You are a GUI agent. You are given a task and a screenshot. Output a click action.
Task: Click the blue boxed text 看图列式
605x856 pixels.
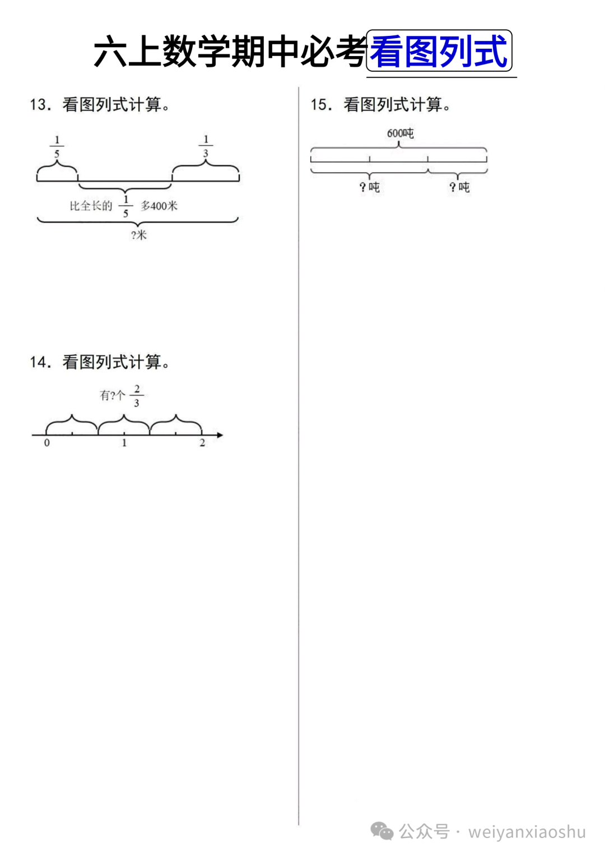tap(439, 52)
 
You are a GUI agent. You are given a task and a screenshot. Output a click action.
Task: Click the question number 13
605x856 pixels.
tap(40, 105)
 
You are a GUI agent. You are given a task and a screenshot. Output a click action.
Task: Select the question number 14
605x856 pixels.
tap(40, 362)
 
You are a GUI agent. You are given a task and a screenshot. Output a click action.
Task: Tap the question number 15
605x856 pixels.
tap(321, 105)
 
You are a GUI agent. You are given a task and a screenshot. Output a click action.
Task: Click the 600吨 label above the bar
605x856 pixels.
tap(400, 133)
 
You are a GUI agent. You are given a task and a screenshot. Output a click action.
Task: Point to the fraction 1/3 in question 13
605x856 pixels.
tap(206, 146)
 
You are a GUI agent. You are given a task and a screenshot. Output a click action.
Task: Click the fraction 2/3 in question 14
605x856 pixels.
tap(137, 396)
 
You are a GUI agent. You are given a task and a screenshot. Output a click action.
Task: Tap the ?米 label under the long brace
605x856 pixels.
tap(138, 235)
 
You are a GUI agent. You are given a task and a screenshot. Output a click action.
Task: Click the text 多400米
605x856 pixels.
tap(159, 206)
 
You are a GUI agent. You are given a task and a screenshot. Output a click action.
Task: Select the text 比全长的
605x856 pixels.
tap(91, 206)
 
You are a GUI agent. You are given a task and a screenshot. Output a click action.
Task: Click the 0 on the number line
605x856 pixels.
tap(46, 443)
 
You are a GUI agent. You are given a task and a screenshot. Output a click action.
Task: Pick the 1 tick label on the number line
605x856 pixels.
tap(124, 443)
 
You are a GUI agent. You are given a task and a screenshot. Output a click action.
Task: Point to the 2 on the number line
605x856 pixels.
tap(202, 443)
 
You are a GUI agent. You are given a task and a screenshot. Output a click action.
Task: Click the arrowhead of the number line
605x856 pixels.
tap(220, 434)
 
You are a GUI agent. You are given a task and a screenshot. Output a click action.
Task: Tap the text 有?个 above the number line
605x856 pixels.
tap(112, 396)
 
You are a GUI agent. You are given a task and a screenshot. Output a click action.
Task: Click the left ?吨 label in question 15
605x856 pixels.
tap(370, 187)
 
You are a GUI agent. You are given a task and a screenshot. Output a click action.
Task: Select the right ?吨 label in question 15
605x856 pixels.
tap(459, 187)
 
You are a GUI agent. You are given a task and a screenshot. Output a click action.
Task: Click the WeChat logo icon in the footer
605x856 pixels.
tap(382, 831)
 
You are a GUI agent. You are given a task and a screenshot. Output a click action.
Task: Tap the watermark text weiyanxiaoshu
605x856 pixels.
tap(527, 832)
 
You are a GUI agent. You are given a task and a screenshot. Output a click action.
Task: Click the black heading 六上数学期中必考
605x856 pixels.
tap(230, 52)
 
